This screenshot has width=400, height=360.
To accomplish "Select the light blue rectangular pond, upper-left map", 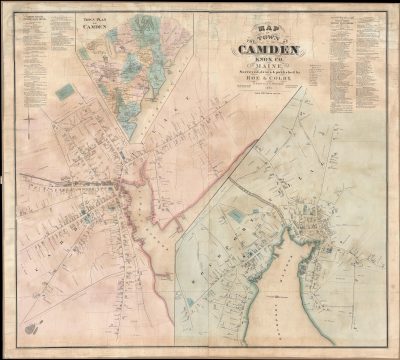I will pyautogui.click(x=65, y=91).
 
